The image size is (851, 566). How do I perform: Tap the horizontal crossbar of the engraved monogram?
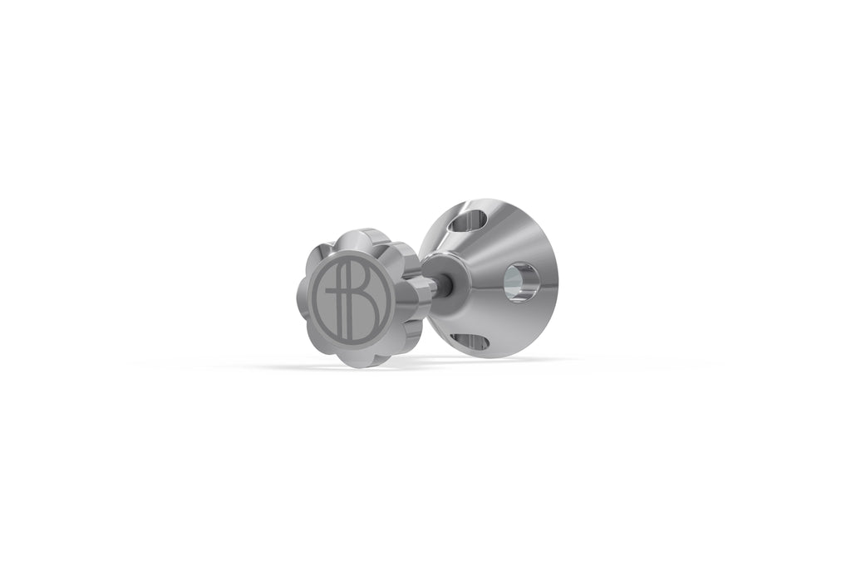336,292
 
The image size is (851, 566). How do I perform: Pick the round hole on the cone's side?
520,282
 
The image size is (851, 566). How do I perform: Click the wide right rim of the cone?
548,274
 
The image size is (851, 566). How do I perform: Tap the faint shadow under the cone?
499,360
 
